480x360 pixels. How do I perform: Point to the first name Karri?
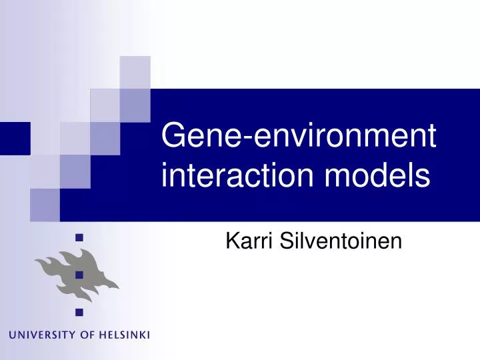(247, 241)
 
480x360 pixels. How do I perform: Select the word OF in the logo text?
(89, 334)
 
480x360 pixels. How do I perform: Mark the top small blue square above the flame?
(79, 236)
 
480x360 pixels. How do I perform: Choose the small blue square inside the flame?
(79, 273)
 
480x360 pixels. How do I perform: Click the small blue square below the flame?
(79, 311)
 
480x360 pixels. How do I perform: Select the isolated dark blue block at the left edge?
(15, 138)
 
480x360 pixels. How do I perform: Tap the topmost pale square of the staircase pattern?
(135, 72)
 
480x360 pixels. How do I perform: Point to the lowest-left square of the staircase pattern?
(45, 205)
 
